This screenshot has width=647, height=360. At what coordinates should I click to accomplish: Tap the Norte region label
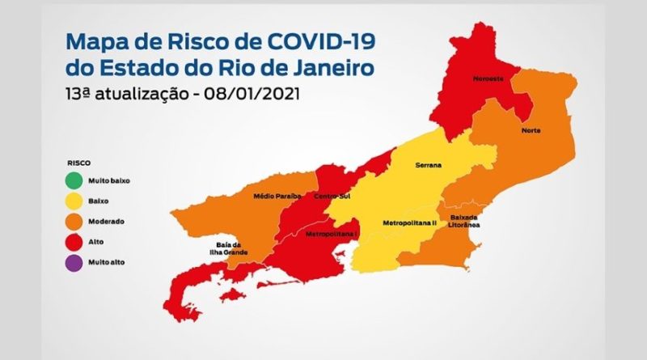(x=531, y=131)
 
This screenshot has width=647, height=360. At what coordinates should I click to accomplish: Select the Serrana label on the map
(x=429, y=166)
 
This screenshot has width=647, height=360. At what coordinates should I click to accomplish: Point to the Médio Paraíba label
(x=277, y=196)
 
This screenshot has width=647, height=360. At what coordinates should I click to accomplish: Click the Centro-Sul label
(x=331, y=197)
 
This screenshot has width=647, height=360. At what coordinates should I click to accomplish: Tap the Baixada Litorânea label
(x=463, y=220)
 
